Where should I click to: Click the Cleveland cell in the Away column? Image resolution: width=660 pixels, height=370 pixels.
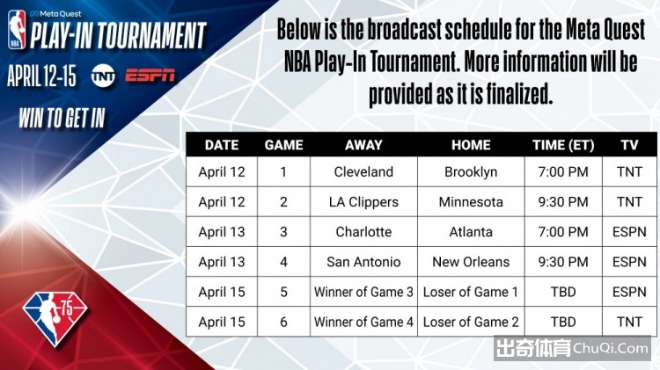363,172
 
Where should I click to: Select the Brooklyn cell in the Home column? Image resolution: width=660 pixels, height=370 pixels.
471,172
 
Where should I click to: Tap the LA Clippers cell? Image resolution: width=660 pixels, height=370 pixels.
363,202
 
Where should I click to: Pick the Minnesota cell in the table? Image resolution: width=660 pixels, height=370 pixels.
471,202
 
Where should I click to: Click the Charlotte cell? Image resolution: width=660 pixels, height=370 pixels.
363,232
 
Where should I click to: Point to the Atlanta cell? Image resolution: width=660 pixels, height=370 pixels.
471,232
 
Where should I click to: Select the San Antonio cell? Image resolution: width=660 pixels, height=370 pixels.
363,262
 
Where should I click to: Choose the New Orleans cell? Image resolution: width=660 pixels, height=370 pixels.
471,262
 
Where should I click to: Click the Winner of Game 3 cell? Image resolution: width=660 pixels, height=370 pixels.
363,292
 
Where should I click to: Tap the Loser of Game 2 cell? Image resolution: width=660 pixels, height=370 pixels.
471,322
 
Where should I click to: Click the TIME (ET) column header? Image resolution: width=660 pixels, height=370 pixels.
563,145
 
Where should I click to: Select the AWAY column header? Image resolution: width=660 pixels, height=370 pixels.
363,145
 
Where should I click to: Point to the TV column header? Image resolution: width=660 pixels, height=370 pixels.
629,145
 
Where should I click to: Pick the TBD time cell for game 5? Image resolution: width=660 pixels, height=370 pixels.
563,292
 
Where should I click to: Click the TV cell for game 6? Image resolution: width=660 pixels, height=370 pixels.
629,322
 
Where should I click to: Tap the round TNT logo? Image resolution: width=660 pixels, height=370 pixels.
103,76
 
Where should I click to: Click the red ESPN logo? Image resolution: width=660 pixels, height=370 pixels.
150,76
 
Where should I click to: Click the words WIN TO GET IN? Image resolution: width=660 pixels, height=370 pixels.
62,118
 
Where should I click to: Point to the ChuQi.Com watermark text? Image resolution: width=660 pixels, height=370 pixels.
611,348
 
